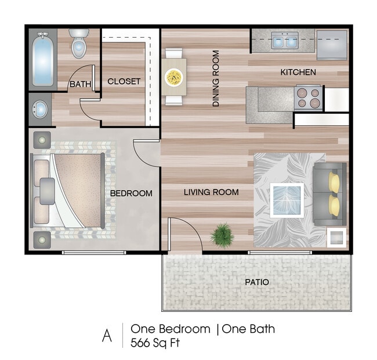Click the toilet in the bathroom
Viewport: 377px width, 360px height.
coord(79,43)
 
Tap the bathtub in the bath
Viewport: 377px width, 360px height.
coord(43,60)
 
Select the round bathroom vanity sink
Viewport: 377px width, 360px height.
coord(39,110)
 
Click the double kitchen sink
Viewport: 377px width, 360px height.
coord(285,41)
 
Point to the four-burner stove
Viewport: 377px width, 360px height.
coord(308,97)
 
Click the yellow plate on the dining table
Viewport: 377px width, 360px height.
coord(174,77)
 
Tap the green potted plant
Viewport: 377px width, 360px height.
coord(222,235)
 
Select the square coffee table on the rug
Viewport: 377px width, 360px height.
coord(287,201)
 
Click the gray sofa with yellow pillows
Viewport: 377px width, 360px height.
coord(329,194)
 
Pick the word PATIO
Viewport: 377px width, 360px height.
coord(257,282)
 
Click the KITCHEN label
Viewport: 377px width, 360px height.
coord(298,72)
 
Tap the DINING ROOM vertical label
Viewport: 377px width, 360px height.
coord(216,78)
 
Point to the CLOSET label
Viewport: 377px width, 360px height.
coord(124,82)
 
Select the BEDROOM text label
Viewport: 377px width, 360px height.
coord(131,193)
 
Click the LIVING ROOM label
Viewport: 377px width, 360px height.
coord(211,192)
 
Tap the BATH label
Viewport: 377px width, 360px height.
coord(80,85)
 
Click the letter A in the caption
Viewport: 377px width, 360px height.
coord(107,336)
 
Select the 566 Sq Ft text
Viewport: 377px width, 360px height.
coord(155,343)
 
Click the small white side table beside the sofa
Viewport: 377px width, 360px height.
coord(336,238)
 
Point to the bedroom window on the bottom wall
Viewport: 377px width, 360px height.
coord(94,253)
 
